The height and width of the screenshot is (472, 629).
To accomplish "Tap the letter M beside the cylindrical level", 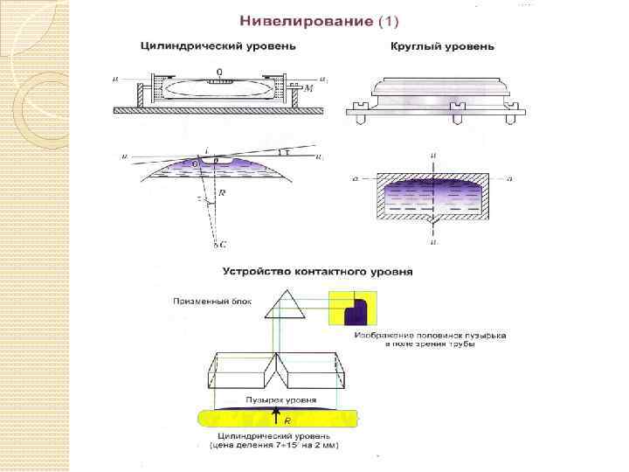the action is [308, 89].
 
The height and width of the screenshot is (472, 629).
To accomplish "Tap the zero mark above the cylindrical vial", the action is [219, 71].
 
